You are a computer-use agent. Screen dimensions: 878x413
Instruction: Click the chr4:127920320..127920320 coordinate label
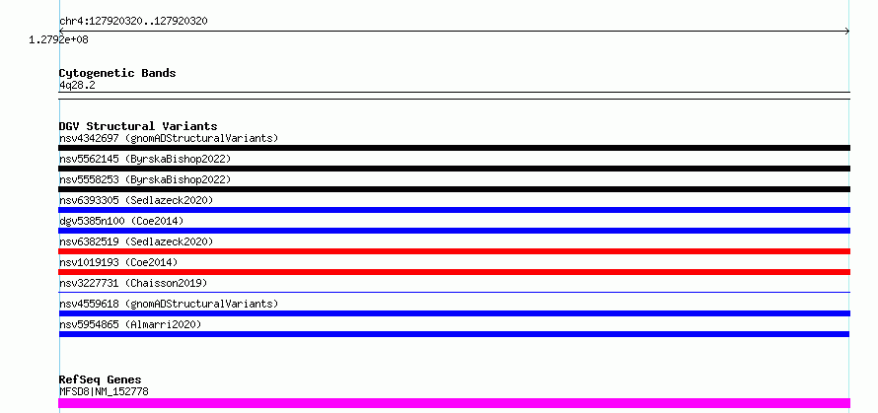pyautogui.click(x=133, y=22)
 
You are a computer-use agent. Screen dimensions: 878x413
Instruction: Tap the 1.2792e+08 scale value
pyautogui.click(x=59, y=39)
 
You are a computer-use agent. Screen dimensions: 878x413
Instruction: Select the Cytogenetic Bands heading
pyautogui.click(x=117, y=73)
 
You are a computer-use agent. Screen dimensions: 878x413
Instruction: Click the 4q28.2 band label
pyautogui.click(x=77, y=85)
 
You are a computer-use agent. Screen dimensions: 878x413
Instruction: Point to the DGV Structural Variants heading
pyautogui.click(x=138, y=126)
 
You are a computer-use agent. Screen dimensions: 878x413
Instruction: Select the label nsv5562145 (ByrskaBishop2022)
pyautogui.click(x=145, y=159)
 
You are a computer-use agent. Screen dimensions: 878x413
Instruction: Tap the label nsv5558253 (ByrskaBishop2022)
pyautogui.click(x=145, y=179)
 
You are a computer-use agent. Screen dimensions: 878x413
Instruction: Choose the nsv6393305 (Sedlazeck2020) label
pyautogui.click(x=136, y=200)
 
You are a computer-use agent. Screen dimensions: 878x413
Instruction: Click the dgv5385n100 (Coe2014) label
pyautogui.click(x=121, y=221)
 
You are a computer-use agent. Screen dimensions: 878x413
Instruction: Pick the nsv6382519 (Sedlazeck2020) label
pyautogui.click(x=136, y=241)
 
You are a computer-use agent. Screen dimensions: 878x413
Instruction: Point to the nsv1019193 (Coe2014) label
pyautogui.click(x=118, y=262)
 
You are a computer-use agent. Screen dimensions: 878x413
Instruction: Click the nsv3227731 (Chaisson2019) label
pyautogui.click(x=133, y=283)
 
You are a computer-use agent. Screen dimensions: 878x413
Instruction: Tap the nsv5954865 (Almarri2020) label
pyautogui.click(x=130, y=324)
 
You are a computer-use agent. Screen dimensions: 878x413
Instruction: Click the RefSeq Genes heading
pyautogui.click(x=101, y=380)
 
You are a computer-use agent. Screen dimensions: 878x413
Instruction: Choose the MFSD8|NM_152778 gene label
pyautogui.click(x=105, y=391)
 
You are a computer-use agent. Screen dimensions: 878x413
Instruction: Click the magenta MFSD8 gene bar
pyautogui.click(x=454, y=403)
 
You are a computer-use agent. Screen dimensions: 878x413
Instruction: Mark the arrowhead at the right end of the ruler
pyautogui.click(x=848, y=32)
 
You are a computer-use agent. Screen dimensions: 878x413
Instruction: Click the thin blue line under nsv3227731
pyautogui.click(x=454, y=292)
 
